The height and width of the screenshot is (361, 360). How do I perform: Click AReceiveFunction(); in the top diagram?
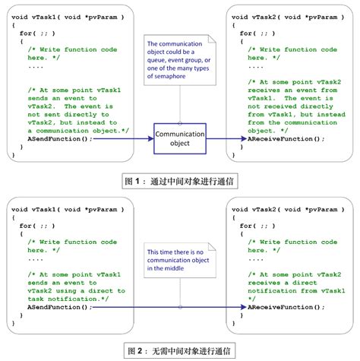286,140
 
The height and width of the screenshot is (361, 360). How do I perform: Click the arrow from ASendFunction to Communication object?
123,140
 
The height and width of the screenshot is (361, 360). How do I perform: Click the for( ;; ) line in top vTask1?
38,33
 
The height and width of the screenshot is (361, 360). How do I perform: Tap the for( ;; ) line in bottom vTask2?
258,225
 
